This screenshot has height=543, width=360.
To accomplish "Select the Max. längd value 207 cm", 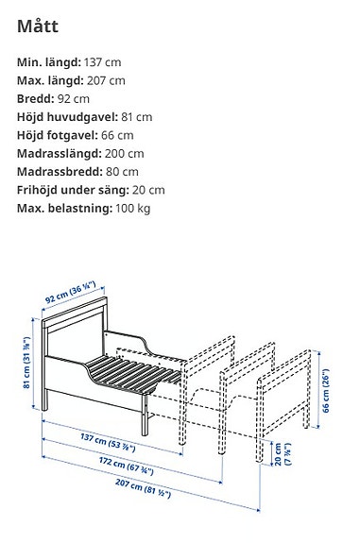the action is (103, 81).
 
